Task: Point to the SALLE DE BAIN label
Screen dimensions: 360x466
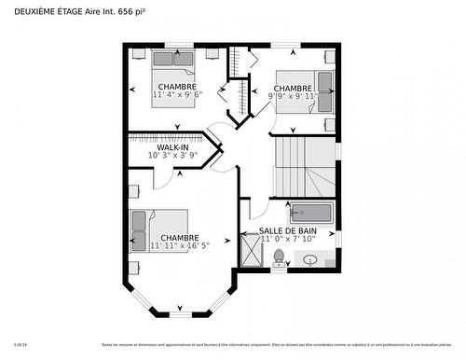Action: (288, 230)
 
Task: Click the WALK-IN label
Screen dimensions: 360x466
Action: (172, 147)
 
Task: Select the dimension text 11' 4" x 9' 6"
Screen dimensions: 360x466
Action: (177, 94)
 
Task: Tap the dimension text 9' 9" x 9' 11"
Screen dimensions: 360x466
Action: (293, 95)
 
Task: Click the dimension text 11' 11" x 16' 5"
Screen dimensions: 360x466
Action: (180, 246)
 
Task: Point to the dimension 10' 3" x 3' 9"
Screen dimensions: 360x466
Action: (172, 156)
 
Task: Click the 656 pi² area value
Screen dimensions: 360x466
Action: (131, 10)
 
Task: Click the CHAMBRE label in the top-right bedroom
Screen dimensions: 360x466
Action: (293, 88)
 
